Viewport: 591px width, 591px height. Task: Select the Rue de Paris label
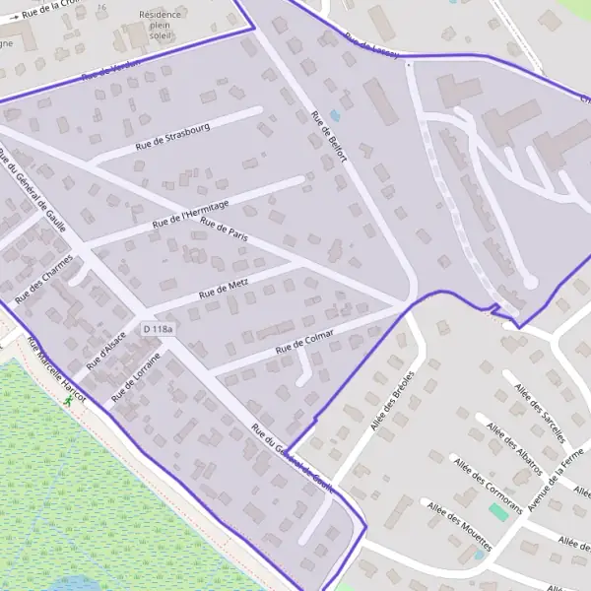click(x=222, y=231)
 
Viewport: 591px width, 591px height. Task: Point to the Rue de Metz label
click(x=225, y=290)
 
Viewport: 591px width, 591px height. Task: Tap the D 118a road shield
click(x=158, y=329)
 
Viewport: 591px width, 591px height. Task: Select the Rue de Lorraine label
click(x=135, y=377)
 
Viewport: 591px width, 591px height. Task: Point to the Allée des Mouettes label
click(x=460, y=519)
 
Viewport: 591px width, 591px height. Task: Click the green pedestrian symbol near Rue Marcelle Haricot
click(x=68, y=401)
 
